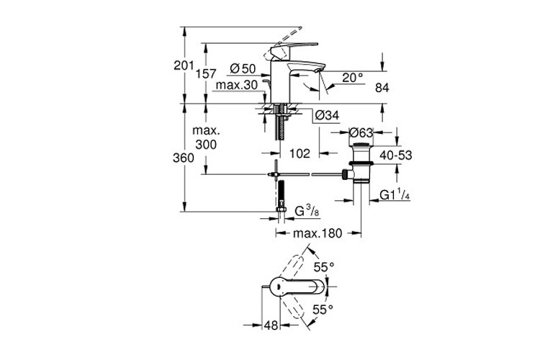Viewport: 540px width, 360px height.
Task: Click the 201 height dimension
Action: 184,66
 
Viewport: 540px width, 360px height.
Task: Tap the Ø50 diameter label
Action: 243,69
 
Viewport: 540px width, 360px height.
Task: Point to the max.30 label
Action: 237,86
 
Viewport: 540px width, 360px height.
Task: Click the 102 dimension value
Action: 300,153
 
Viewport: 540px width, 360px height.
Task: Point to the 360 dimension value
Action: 184,158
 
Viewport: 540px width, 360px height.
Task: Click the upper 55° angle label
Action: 328,267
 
